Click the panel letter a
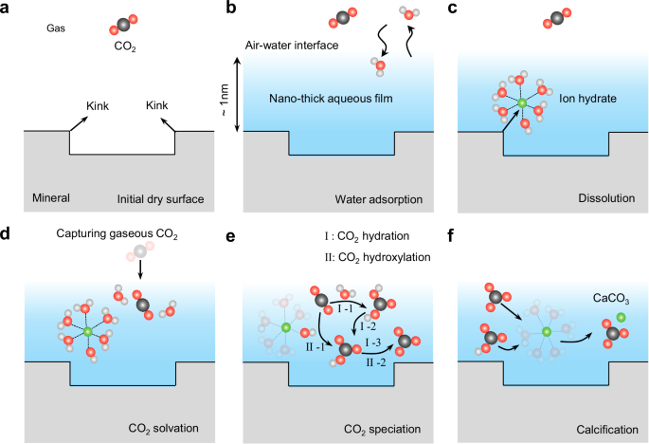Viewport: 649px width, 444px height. click(x=8, y=9)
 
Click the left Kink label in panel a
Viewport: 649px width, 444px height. click(x=98, y=105)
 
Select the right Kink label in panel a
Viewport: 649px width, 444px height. click(x=158, y=105)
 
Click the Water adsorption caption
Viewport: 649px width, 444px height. click(x=379, y=198)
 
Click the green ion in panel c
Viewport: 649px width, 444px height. click(x=520, y=102)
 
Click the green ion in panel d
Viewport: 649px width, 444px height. click(x=88, y=331)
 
